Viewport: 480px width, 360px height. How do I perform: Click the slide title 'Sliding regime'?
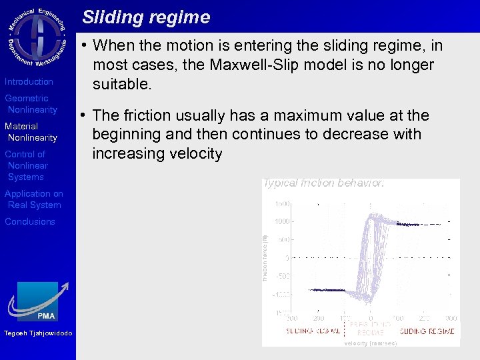pyautogui.click(x=146, y=17)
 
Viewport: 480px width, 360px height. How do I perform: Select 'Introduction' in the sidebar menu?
pyautogui.click(x=29, y=81)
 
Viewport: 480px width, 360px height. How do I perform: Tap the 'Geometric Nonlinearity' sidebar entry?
pyautogui.click(x=31, y=104)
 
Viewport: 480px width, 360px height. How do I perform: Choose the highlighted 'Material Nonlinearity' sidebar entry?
pyautogui.click(x=31, y=132)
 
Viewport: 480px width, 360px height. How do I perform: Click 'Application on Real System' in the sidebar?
pyautogui.click(x=34, y=199)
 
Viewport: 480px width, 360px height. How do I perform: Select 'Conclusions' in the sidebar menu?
pyautogui.click(x=30, y=221)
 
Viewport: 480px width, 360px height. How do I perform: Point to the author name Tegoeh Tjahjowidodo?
pyautogui.click(x=38, y=333)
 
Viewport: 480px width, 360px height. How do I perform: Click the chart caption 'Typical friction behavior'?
pyautogui.click(x=323, y=183)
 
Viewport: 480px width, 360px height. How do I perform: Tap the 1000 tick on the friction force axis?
pyautogui.click(x=282, y=221)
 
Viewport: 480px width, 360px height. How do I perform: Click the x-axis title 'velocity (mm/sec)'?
pyautogui.click(x=370, y=343)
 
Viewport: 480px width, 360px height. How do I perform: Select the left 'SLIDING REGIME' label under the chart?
pyautogui.click(x=313, y=331)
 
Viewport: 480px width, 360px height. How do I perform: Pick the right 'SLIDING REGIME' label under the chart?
pyautogui.click(x=427, y=331)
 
